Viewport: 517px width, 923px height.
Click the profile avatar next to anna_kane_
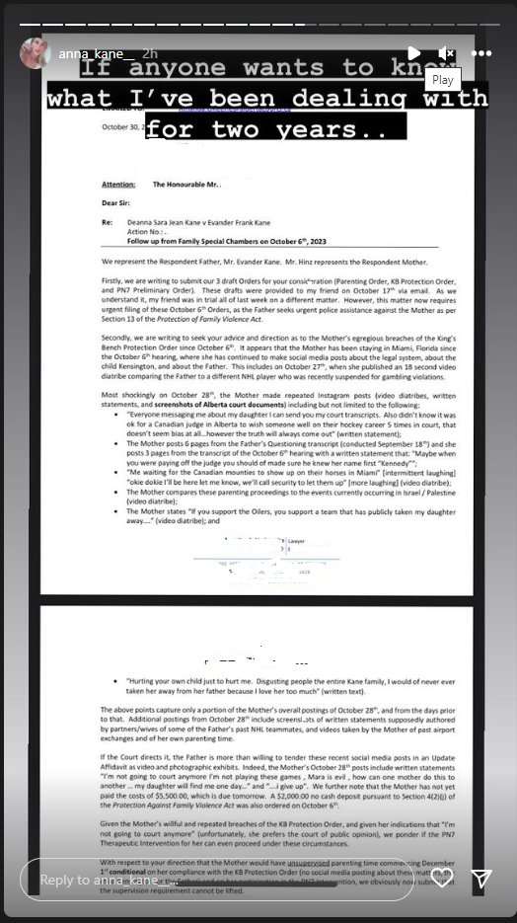35,52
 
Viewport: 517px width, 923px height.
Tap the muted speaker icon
446,52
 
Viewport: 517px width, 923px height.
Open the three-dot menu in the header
481,52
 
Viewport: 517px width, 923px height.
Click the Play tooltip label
443,80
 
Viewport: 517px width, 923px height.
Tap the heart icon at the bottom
442,878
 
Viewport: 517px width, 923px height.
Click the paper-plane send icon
481,878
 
